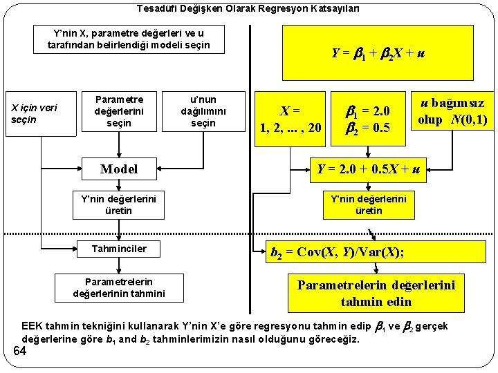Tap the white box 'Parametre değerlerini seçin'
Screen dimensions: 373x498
[119, 110]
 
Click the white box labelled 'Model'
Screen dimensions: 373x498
[119, 169]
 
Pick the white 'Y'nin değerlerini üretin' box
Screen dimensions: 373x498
[119, 204]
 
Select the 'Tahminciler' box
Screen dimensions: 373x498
[119, 248]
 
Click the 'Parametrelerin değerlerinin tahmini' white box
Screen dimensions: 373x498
[119, 287]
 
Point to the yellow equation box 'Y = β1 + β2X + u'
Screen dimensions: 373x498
[378, 53]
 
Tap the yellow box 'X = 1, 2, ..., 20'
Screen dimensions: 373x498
[290, 119]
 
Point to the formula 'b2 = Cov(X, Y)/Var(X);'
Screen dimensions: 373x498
[336, 252]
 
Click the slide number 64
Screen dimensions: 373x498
[19, 352]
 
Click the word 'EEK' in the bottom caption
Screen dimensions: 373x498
[32, 326]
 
